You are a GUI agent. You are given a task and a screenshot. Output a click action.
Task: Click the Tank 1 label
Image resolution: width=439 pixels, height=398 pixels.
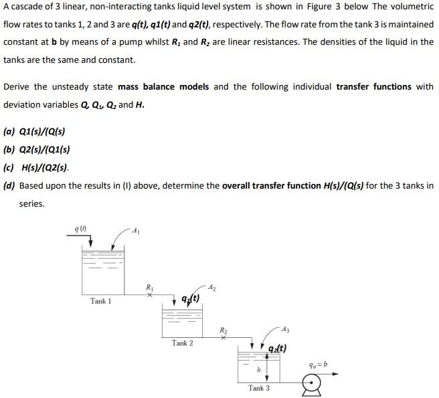[x=101, y=301]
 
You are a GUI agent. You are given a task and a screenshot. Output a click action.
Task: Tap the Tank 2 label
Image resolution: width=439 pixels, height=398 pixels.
[x=182, y=343]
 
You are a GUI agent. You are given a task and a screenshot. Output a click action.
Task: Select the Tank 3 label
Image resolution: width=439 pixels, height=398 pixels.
[x=259, y=388]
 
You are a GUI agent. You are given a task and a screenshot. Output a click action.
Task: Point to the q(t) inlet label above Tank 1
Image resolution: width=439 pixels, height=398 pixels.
[x=81, y=229]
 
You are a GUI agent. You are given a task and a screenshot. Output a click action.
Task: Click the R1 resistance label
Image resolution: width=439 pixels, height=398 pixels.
[x=150, y=286]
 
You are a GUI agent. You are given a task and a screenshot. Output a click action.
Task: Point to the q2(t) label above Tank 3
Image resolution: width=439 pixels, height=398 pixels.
[x=277, y=348]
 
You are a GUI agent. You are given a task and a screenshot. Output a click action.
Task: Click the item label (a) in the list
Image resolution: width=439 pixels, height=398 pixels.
[x=9, y=132]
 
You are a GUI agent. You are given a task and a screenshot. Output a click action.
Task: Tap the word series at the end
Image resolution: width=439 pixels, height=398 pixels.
[x=32, y=204]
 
